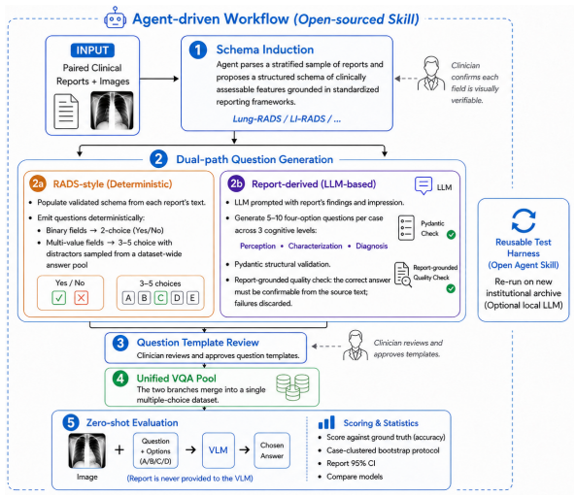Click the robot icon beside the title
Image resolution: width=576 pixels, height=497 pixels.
coord(115,17)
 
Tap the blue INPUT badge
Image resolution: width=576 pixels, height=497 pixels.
coord(92,50)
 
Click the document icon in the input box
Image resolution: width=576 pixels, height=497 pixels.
coord(66,112)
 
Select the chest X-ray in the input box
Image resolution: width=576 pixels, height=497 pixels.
coord(112,111)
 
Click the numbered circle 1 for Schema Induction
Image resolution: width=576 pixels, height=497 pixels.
coord(198,50)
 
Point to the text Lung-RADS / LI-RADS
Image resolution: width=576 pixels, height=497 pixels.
coord(280,119)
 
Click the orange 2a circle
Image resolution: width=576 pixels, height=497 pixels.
coord(38,183)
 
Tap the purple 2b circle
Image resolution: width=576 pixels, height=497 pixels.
coord(236,183)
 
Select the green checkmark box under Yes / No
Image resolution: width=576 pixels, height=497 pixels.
coord(59,298)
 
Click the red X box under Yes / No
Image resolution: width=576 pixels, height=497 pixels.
coord(82,298)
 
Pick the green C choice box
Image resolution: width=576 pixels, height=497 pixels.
coord(160,298)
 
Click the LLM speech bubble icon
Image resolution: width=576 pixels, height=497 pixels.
coord(424,185)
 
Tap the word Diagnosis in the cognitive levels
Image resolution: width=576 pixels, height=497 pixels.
coord(371,246)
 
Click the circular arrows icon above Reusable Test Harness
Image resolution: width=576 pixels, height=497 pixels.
coord(524,220)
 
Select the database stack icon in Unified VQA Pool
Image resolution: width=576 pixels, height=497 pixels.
coord(292,387)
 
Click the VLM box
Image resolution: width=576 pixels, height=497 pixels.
coord(219,450)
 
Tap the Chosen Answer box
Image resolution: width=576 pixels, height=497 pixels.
coord(272,450)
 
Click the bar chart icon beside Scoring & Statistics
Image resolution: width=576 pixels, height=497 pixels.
coord(326,422)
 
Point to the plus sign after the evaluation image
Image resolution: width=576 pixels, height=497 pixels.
coord(119,449)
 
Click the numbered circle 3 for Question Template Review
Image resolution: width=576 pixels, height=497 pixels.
coord(120,344)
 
